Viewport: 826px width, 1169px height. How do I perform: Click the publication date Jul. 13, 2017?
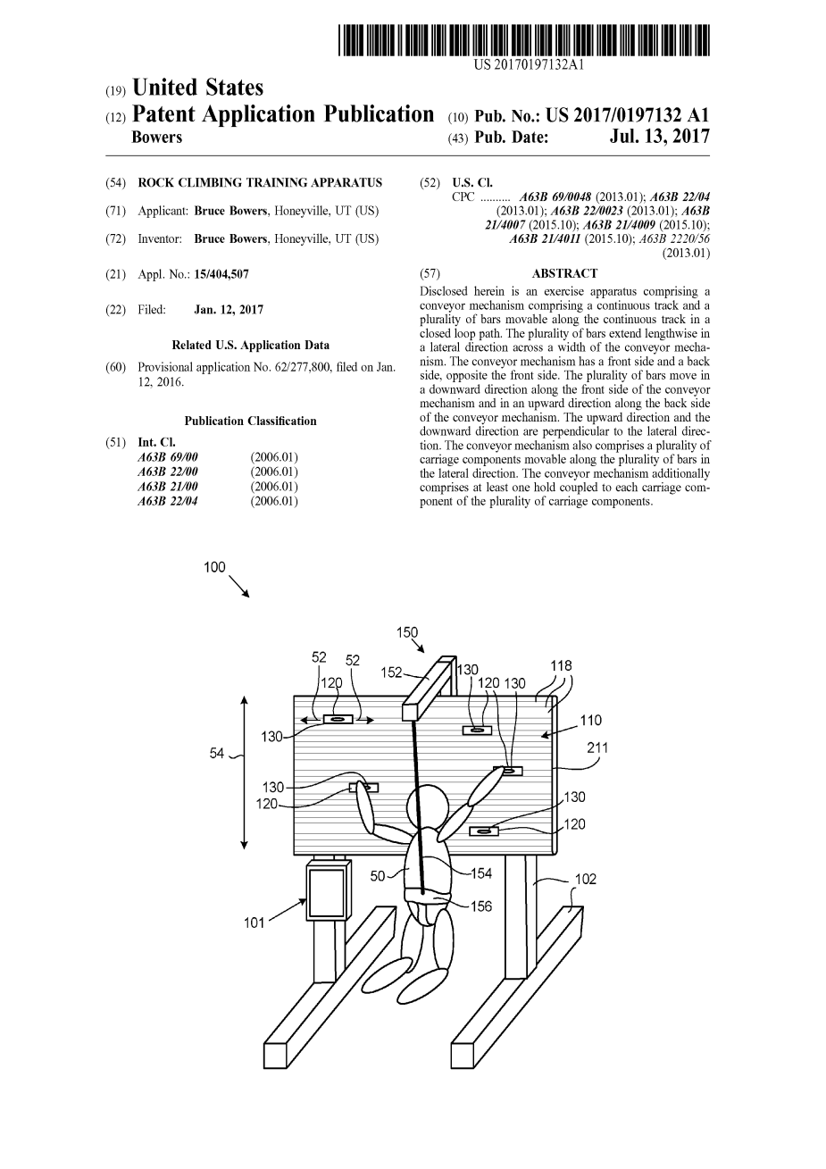[x=660, y=137]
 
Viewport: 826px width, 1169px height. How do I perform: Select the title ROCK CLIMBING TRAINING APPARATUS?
[x=260, y=183]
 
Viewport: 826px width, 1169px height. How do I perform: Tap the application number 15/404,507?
[x=221, y=274]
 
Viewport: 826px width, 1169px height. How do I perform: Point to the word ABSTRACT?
[x=564, y=273]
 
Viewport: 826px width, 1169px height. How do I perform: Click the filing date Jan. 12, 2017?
[x=229, y=310]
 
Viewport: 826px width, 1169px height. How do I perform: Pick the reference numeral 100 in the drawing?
[x=214, y=567]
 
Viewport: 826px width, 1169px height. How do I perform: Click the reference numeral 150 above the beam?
[x=407, y=632]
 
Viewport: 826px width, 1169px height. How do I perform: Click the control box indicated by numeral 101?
[x=327, y=891]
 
